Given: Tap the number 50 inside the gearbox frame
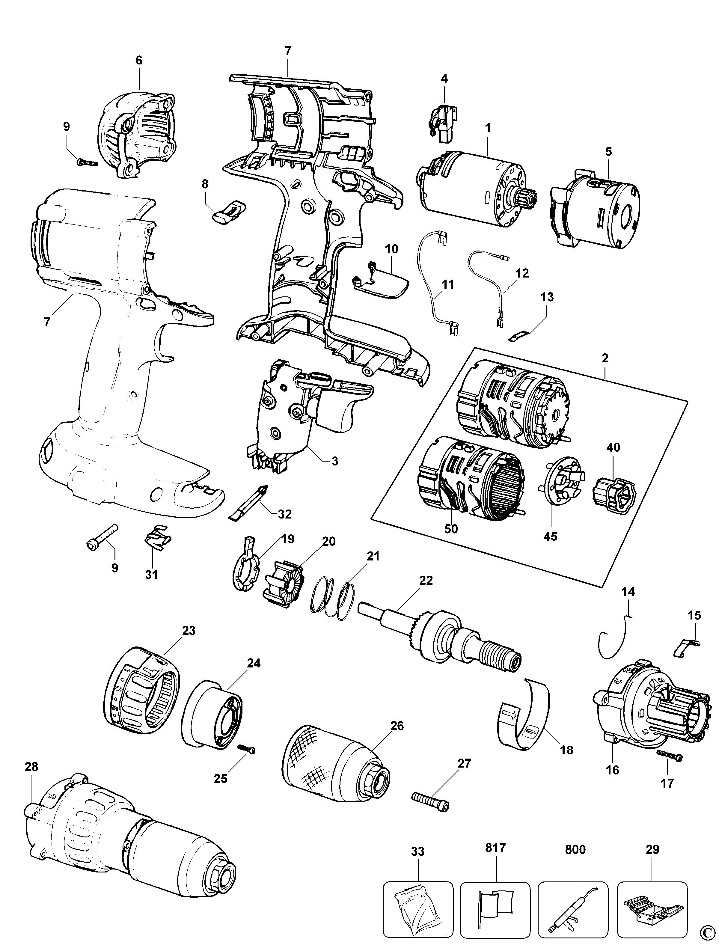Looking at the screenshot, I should click(x=451, y=529).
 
